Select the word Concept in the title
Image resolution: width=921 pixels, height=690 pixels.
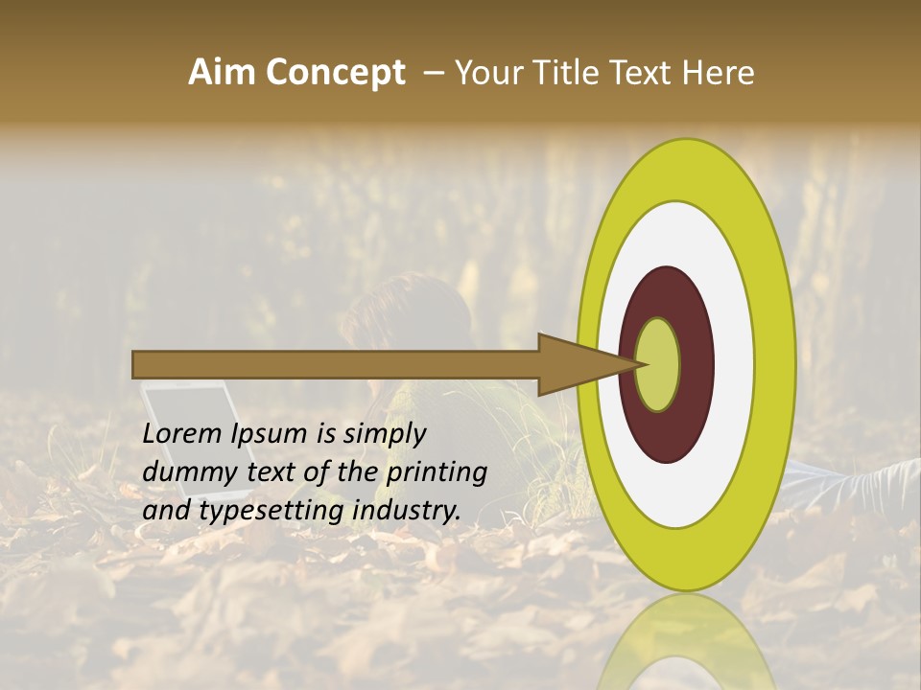pos(336,73)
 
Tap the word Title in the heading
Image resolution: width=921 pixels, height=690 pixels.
pos(569,73)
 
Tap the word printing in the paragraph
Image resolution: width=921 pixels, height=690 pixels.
pos(437,472)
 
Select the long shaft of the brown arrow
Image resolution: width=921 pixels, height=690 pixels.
pos(336,364)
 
